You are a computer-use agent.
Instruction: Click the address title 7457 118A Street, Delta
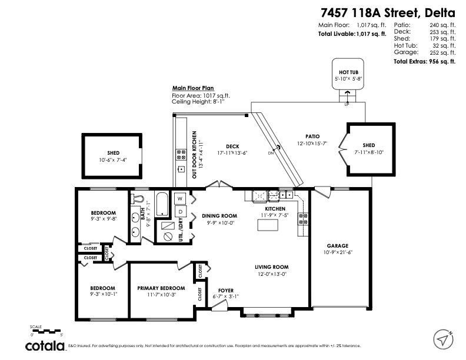[388, 12]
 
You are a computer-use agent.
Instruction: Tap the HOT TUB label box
[347, 72]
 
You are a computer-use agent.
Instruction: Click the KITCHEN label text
[275, 209]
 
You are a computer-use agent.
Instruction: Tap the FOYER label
[226, 290]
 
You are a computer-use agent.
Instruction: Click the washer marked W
[179, 198]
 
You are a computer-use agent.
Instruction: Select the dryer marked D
[179, 211]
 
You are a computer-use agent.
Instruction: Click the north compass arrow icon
[443, 339]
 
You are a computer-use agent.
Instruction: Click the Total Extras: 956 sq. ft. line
[424, 61]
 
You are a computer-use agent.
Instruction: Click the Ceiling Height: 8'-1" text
[198, 101]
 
